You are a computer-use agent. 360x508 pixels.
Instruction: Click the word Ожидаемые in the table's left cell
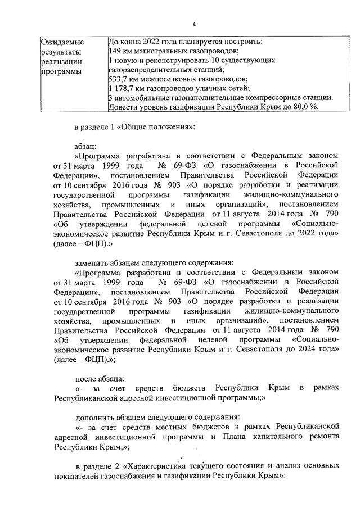click(x=62, y=42)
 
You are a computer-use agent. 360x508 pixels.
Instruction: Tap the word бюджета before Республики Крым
click(x=185, y=388)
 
